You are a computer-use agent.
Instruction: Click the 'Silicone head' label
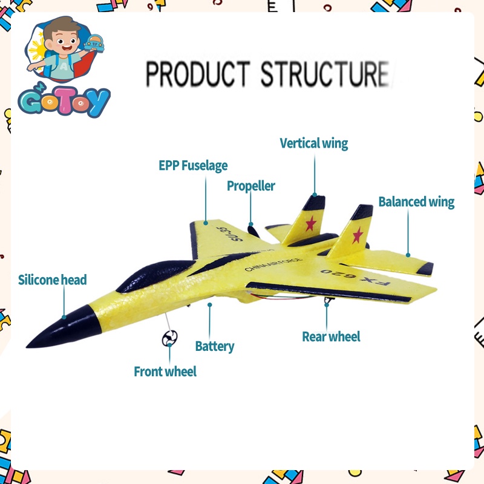tap(52, 280)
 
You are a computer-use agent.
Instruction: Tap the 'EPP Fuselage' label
tap(193, 165)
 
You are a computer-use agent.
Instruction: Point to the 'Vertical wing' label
tap(313, 143)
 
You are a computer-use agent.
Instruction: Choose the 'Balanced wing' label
tap(416, 201)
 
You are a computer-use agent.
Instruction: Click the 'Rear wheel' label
tap(331, 336)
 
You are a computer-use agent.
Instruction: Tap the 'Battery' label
tap(214, 346)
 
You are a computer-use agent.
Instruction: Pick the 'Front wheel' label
tap(165, 371)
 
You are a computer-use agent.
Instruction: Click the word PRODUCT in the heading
tap(197, 74)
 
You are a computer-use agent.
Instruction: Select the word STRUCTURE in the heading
tap(325, 74)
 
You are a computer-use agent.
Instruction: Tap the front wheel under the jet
tap(169, 339)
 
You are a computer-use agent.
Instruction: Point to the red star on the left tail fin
tap(311, 224)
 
